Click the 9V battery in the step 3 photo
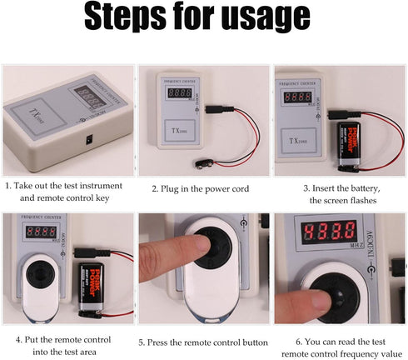pos(352,141)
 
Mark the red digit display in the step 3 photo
pos(297,97)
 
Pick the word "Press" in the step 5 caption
pos(163,342)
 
